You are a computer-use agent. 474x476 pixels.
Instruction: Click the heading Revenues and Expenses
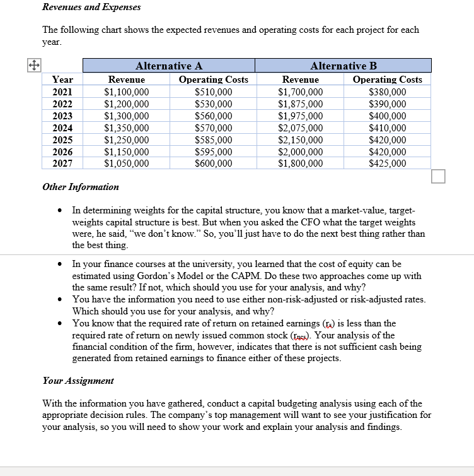(x=91, y=7)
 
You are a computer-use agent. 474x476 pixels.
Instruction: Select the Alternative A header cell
(x=169, y=66)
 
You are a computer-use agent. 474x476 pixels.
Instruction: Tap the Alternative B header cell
(x=343, y=66)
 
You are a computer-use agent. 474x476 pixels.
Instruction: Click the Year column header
(x=62, y=80)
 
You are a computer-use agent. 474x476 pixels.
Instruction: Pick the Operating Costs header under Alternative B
(x=387, y=80)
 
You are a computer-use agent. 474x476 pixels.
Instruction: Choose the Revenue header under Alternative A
(x=126, y=80)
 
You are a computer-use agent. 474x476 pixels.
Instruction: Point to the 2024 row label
(x=62, y=128)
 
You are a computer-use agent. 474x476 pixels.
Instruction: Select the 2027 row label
(x=62, y=164)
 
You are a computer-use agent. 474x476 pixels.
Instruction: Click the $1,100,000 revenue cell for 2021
(x=126, y=92)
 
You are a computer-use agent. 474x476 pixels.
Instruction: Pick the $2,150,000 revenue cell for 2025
(x=300, y=140)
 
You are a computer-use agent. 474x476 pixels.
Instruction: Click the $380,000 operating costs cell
(x=387, y=92)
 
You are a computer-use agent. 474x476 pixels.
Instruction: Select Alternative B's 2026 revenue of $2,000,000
(x=300, y=152)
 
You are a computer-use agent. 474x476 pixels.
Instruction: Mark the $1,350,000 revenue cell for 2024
(x=126, y=128)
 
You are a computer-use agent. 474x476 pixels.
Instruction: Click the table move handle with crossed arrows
(x=33, y=64)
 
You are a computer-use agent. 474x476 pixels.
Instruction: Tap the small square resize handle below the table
(x=438, y=177)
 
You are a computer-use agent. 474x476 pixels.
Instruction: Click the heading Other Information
(x=80, y=187)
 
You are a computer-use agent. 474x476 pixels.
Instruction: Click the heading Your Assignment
(x=78, y=381)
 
